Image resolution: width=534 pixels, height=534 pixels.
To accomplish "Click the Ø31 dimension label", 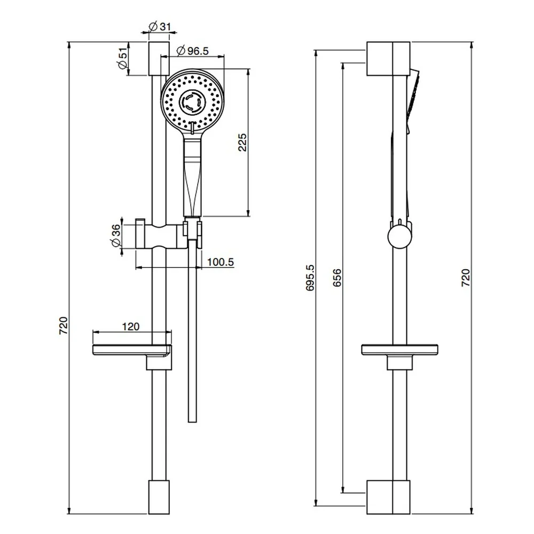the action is coord(160,26).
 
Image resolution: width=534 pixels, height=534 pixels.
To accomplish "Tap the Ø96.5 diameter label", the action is coord(193,51).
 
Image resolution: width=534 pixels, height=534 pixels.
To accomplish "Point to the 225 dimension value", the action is coord(242,143).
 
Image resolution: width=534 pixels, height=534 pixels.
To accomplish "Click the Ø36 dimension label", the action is coord(115,235).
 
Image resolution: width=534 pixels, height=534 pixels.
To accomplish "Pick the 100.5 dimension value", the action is coord(221,262).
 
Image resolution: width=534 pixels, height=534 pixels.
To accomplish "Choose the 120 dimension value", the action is coord(131,327).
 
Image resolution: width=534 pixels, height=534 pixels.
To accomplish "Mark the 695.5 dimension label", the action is coord(310,278).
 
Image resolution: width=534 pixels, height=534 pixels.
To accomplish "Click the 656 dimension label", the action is coord(337,278).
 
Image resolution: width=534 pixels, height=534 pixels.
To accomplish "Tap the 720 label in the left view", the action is coord(64,326).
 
